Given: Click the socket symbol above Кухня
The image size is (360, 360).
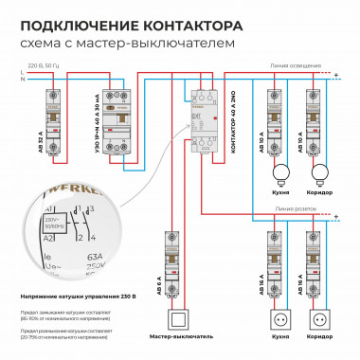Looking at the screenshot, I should (x=279, y=318).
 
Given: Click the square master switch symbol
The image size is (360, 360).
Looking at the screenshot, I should (x=175, y=317).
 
